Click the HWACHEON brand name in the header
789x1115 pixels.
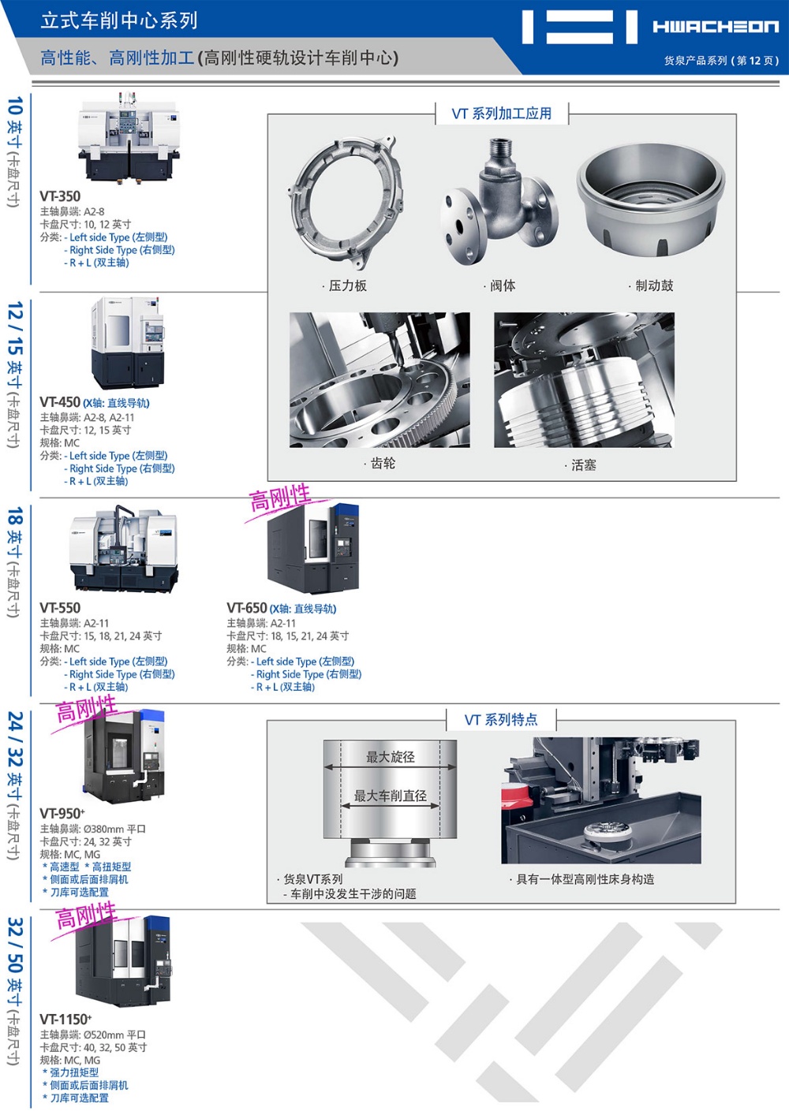click(716, 26)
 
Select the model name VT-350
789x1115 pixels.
click(60, 196)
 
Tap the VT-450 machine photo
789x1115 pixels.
click(128, 342)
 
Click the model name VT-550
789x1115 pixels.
click(60, 608)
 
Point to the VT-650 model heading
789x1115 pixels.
click(246, 608)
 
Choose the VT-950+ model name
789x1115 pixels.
click(62, 813)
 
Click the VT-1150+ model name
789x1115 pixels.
click(65, 1019)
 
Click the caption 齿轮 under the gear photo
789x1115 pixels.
click(383, 464)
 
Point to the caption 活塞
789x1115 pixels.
click(584, 465)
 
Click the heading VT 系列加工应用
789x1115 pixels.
click(502, 114)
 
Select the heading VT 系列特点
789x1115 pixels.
click(501, 720)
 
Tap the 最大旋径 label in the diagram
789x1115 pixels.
click(391, 757)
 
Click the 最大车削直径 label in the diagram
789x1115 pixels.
click(391, 796)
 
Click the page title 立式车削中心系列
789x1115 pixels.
click(120, 21)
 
